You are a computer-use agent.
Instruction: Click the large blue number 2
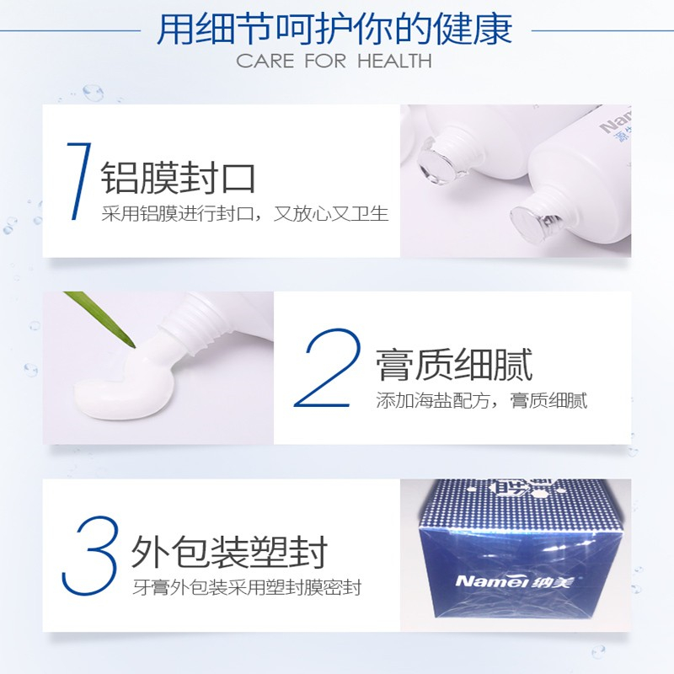tap(327, 368)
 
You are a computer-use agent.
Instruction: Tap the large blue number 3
tap(89, 555)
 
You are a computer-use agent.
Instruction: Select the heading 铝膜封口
tap(178, 178)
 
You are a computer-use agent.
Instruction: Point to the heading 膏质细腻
tap(454, 365)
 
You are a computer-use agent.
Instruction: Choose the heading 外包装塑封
tap(229, 552)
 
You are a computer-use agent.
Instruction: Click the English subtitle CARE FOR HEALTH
tap(334, 61)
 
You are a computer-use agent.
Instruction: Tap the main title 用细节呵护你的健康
tap(334, 29)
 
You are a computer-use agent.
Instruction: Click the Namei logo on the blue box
tap(514, 581)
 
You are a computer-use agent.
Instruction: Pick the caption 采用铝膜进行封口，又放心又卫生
tap(245, 214)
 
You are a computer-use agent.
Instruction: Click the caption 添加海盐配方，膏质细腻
tap(481, 401)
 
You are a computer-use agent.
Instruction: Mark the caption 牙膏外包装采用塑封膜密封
tap(247, 587)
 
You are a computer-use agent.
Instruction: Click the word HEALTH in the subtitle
tap(394, 61)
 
